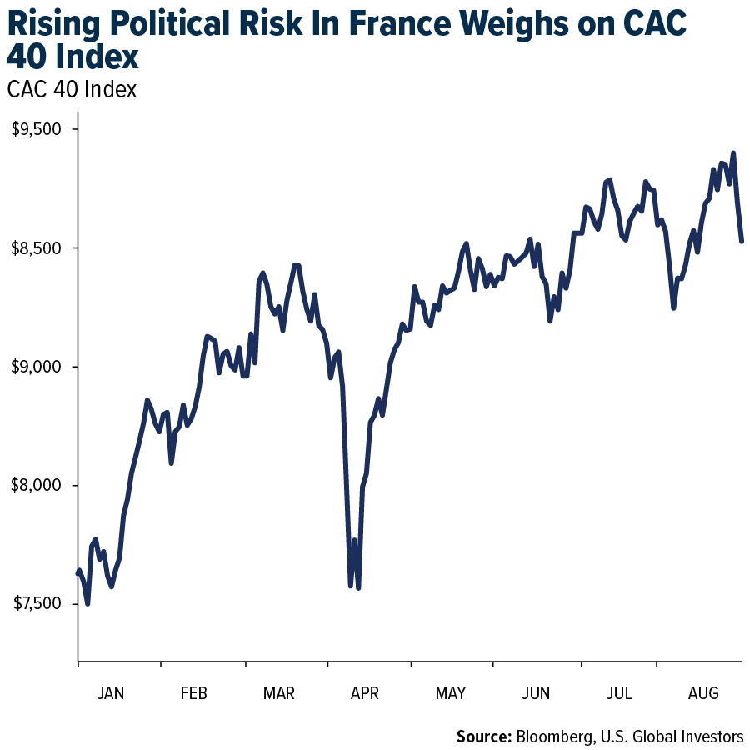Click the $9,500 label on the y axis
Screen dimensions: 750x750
pos(37,129)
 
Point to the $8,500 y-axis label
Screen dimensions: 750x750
pos(37,248)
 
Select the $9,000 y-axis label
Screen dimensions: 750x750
pos(37,367)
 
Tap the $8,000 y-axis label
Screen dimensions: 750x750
pos(37,486)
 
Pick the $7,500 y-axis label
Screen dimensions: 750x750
pos(37,604)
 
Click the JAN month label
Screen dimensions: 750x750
pos(111,693)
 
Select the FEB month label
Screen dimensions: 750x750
pos(193,693)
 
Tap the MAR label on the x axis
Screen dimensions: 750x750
pos(278,693)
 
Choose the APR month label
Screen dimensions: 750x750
pos(364,693)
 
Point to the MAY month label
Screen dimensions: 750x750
pos(450,693)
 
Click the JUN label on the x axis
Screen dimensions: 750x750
pos(535,693)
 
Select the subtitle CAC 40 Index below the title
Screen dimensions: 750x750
pos(72,89)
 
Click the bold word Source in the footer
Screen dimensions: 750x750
pos(483,737)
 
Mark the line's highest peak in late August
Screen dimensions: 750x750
pos(733,153)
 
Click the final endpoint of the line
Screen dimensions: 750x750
pos(742,242)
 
